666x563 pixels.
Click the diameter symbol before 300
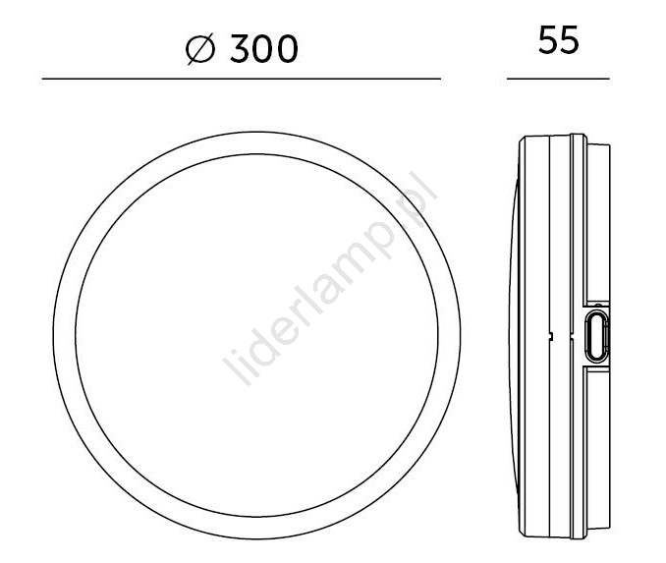200,49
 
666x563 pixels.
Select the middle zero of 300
263,49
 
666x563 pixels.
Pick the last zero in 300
288,49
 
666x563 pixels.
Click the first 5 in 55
548,39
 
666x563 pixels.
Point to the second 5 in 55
570,39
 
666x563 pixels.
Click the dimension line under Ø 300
242,79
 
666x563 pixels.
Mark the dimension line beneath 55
558,79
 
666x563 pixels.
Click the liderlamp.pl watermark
330,278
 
